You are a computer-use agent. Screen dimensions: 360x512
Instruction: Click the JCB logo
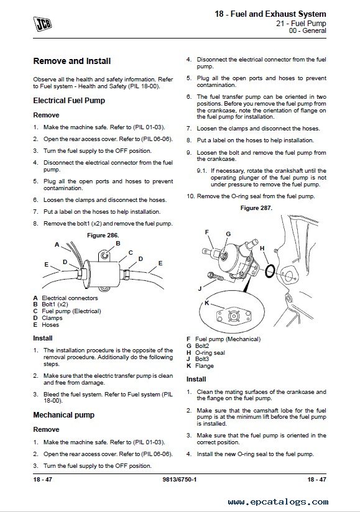[42, 25]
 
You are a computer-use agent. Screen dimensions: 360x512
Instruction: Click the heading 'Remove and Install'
[72, 61]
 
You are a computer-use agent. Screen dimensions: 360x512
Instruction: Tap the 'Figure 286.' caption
[103, 235]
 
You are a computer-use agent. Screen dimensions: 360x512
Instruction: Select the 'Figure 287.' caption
[256, 208]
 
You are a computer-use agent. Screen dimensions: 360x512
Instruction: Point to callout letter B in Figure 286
[118, 244]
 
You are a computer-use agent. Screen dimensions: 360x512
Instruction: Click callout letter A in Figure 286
[57, 245]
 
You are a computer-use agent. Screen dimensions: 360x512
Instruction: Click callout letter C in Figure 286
[131, 253]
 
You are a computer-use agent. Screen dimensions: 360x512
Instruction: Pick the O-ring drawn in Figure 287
[270, 271]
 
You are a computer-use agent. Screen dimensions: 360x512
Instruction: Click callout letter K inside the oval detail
[207, 303]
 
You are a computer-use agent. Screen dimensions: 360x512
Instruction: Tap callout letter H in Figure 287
[262, 249]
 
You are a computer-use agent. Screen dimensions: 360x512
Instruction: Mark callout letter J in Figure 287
[200, 289]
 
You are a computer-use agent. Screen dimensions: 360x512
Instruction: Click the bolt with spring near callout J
[215, 277]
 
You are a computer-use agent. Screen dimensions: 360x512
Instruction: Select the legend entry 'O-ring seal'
[210, 353]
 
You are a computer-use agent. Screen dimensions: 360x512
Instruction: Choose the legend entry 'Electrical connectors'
[70, 298]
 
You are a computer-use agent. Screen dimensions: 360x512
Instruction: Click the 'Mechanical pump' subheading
[63, 415]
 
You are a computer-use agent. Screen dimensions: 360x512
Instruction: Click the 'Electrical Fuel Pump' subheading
[69, 101]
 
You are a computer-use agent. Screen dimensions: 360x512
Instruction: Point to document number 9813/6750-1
[179, 479]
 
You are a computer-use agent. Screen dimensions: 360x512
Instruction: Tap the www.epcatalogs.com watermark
[278, 501]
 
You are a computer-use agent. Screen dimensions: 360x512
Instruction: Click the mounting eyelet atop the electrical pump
[105, 255]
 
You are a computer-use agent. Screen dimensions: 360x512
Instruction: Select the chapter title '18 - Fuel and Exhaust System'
[270, 14]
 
